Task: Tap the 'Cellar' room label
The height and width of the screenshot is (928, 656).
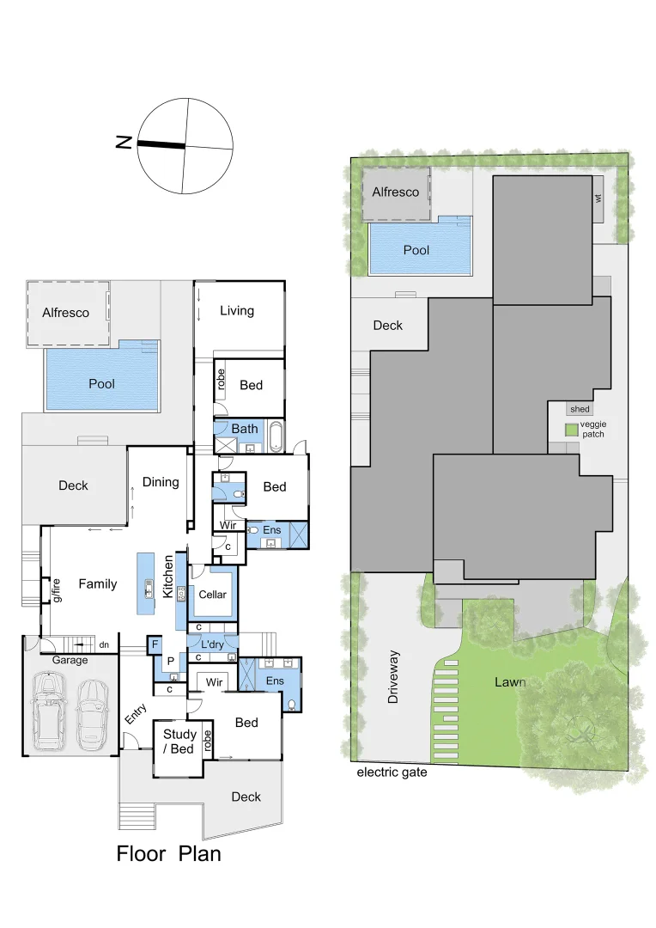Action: point(212,595)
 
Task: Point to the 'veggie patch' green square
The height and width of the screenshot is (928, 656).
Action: point(571,430)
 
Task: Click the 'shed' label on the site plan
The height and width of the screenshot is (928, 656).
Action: point(580,410)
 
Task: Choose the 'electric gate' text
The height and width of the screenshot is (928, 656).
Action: point(392,772)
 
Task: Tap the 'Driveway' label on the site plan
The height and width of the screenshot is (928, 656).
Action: point(393,677)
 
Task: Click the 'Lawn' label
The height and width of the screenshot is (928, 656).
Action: point(510,682)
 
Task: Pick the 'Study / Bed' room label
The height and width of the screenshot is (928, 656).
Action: point(179,742)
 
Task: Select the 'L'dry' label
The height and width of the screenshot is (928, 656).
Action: point(211,644)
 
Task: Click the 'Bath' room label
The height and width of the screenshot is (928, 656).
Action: point(244,429)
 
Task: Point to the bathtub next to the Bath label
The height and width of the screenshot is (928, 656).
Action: point(275,437)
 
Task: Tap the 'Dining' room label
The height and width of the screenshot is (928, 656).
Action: point(161,482)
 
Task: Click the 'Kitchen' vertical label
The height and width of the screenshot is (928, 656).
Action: point(168,577)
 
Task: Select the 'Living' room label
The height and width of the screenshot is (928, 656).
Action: point(237,310)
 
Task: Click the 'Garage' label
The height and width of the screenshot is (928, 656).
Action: point(70,660)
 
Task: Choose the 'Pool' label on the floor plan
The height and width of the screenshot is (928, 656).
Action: point(101,383)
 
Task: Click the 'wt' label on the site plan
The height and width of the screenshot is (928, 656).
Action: point(598,198)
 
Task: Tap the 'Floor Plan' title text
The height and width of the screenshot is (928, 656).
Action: point(168,854)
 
